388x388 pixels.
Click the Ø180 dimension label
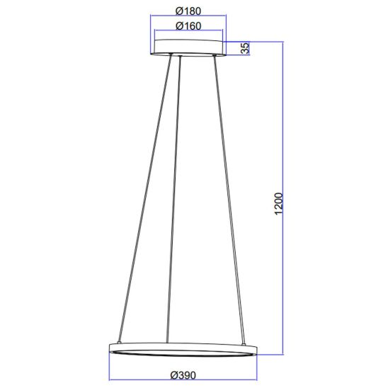click(188, 11)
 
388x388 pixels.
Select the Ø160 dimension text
click(188, 26)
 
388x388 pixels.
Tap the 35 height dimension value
click(245, 48)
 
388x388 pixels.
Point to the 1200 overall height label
click(279, 204)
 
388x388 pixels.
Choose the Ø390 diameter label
click(183, 375)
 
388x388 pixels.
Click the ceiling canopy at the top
click(188, 47)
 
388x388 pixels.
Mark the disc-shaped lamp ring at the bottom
click(183, 350)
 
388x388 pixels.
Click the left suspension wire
click(145, 198)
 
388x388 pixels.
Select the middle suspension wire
click(173, 199)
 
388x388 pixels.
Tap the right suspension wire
click(229, 200)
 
